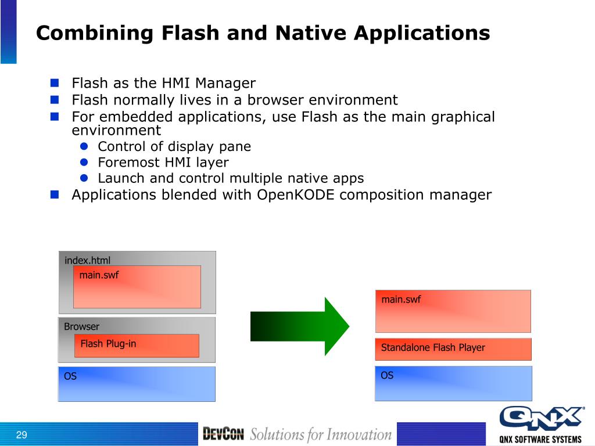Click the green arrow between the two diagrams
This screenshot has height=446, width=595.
point(299,326)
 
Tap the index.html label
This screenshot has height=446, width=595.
point(87,260)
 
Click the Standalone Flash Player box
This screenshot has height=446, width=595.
point(453,348)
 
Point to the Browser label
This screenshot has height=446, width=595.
point(81,326)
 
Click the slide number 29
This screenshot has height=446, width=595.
point(22,436)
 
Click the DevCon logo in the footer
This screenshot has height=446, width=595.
point(223,434)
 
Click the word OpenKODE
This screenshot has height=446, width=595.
point(296,195)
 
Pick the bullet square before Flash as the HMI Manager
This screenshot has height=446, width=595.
point(55,82)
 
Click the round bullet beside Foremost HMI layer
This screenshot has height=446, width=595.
point(84,162)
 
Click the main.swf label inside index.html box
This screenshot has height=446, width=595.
point(99,275)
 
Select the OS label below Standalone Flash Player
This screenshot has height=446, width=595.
point(387,375)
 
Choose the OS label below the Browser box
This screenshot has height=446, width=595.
point(70,376)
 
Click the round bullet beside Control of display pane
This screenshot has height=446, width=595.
point(84,146)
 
